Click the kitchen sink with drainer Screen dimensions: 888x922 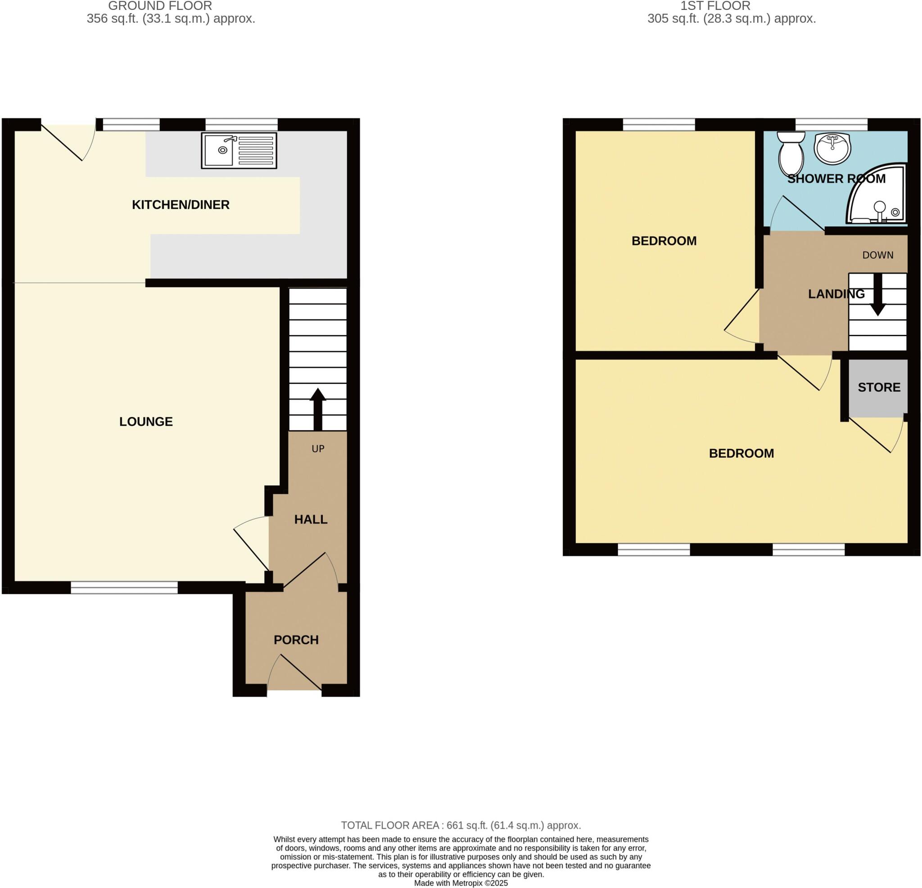click(x=239, y=150)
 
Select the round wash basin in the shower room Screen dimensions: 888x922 click(x=832, y=148)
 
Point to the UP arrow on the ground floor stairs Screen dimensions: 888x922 click(x=317, y=409)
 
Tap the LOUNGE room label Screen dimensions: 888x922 click(x=146, y=421)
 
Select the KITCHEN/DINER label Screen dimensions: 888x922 click(x=181, y=205)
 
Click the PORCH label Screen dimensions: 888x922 click(x=296, y=640)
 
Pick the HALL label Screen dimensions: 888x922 click(x=311, y=519)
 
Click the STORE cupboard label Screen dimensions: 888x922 click(x=879, y=387)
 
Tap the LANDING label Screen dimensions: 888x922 click(x=836, y=294)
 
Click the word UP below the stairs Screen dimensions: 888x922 click(x=318, y=449)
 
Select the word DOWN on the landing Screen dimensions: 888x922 click(x=878, y=255)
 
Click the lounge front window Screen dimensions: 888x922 click(x=124, y=587)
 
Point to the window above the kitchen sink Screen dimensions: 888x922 click(x=241, y=125)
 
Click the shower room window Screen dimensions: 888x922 click(x=831, y=125)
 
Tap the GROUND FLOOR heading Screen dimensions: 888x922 click(x=160, y=6)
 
